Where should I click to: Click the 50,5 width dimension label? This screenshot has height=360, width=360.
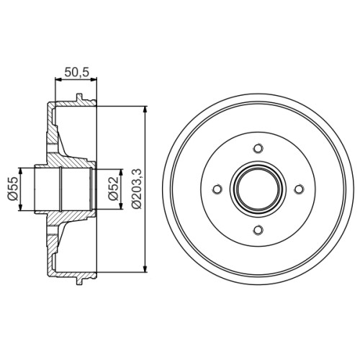click(77, 72)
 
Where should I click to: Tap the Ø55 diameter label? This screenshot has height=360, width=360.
click(13, 189)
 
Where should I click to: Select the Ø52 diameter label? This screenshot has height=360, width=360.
click(113, 189)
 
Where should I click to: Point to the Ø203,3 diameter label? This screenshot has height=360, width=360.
click(138, 189)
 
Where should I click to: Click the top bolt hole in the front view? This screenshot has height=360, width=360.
click(258, 148)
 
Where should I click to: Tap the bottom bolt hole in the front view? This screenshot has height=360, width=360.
click(258, 230)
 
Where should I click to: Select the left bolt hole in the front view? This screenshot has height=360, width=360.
click(217, 189)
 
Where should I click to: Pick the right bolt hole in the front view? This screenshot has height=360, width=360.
click(299, 189)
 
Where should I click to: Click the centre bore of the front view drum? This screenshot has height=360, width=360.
click(258, 189)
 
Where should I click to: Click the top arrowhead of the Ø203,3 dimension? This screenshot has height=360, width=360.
click(145, 110)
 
